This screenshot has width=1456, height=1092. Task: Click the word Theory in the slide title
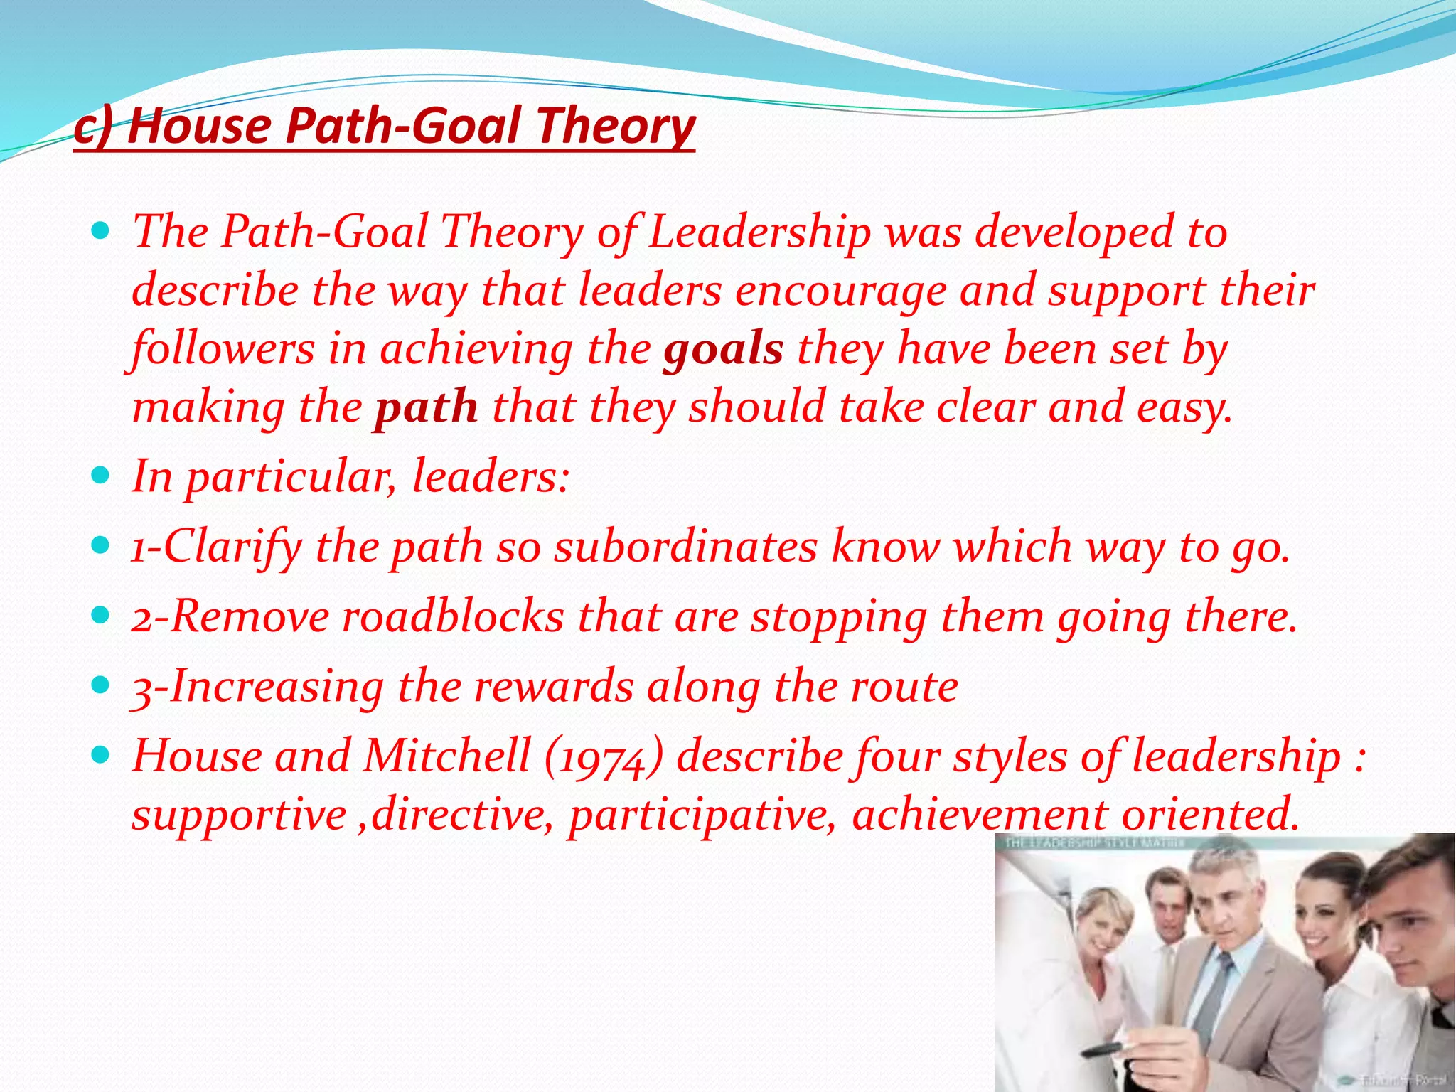pos(615,126)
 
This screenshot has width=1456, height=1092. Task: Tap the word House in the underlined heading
pos(199,126)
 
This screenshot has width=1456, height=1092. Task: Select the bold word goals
pos(723,350)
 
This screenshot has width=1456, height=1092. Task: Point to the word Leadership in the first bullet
pos(759,232)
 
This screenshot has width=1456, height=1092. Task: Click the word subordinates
pos(686,547)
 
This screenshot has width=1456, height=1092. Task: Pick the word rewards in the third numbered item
pos(554,687)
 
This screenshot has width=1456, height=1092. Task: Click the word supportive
pos(239,815)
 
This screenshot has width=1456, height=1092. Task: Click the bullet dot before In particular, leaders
pos(101,474)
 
